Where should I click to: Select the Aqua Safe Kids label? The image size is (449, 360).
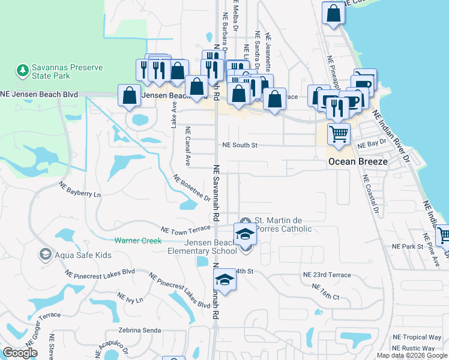coord(82,255)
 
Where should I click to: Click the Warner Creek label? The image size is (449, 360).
coord(138,241)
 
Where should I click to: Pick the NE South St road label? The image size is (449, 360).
coord(240,145)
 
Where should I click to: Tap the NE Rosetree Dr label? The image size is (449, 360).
coord(191,188)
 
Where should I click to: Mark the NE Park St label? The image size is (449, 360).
coord(408,247)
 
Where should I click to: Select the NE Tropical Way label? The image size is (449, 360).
coord(417,337)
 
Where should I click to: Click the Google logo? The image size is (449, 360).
coord(20,353)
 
